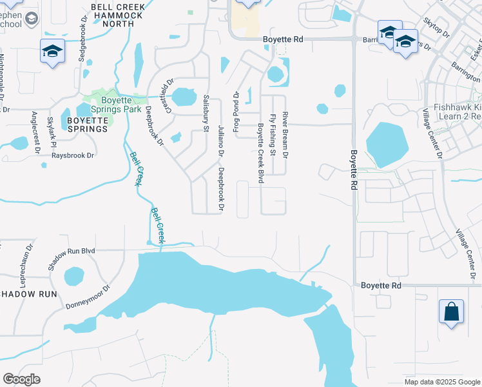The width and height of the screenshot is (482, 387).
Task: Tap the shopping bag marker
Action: (x=451, y=312)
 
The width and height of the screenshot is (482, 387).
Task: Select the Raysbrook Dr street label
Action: (x=73, y=155)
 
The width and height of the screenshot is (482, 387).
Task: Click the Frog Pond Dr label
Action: (x=236, y=113)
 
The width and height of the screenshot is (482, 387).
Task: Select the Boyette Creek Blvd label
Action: (x=261, y=153)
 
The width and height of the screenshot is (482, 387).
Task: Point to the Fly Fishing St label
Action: (x=273, y=135)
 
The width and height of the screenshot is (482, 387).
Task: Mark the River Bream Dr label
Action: (x=285, y=134)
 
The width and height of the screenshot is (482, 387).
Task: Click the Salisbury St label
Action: (x=206, y=114)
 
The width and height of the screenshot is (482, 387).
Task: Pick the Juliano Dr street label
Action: (x=220, y=141)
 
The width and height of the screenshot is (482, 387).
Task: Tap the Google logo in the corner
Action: (x=21, y=379)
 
